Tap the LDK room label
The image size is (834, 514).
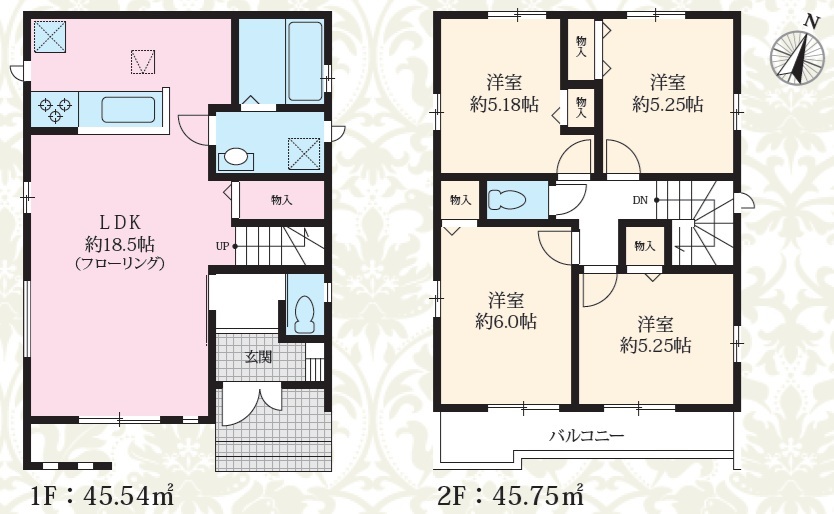[120, 222]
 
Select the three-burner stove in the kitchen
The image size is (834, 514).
[54, 108]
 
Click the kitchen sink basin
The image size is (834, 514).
[128, 109]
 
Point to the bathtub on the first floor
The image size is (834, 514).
[305, 61]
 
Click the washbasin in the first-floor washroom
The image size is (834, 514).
[236, 158]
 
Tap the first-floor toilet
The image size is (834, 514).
[305, 312]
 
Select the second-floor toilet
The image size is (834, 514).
[506, 200]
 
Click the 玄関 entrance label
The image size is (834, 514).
[258, 357]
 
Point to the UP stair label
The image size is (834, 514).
[222, 246]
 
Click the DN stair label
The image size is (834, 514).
[640, 201]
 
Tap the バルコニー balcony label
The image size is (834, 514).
[587, 436]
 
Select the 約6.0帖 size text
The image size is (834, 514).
[506, 322]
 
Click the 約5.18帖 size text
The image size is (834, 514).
[504, 104]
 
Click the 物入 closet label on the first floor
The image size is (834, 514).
[281, 200]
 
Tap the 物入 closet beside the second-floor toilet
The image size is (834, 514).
[460, 200]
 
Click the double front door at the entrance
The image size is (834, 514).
[249, 405]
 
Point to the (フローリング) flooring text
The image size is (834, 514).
[120, 263]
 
